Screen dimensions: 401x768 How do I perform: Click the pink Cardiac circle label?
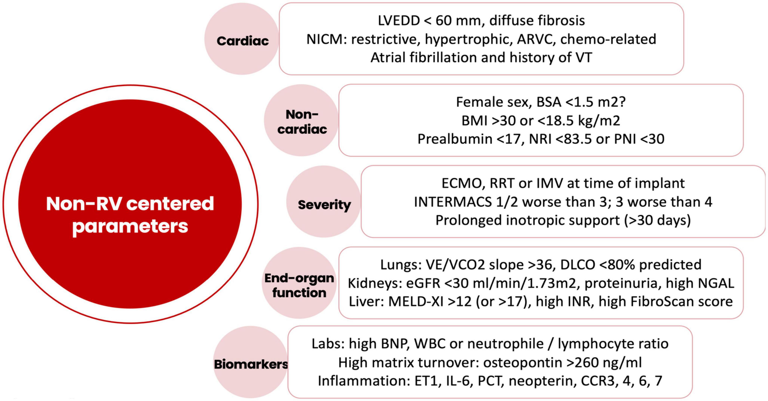(242, 41)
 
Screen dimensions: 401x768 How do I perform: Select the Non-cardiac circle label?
(302, 122)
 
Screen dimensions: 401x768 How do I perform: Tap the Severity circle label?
(324, 205)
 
